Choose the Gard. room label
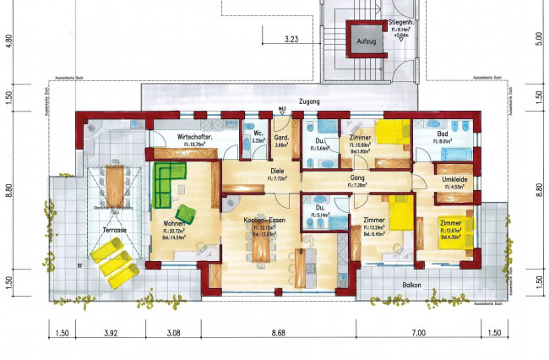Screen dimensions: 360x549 tap(282, 138)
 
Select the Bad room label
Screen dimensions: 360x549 tap(442, 134)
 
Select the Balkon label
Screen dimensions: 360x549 tap(412, 286)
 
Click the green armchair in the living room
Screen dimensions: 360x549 tap(186, 212)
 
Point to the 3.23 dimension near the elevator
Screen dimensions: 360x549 tap(292, 38)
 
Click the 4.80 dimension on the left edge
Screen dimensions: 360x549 tap(9, 38)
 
